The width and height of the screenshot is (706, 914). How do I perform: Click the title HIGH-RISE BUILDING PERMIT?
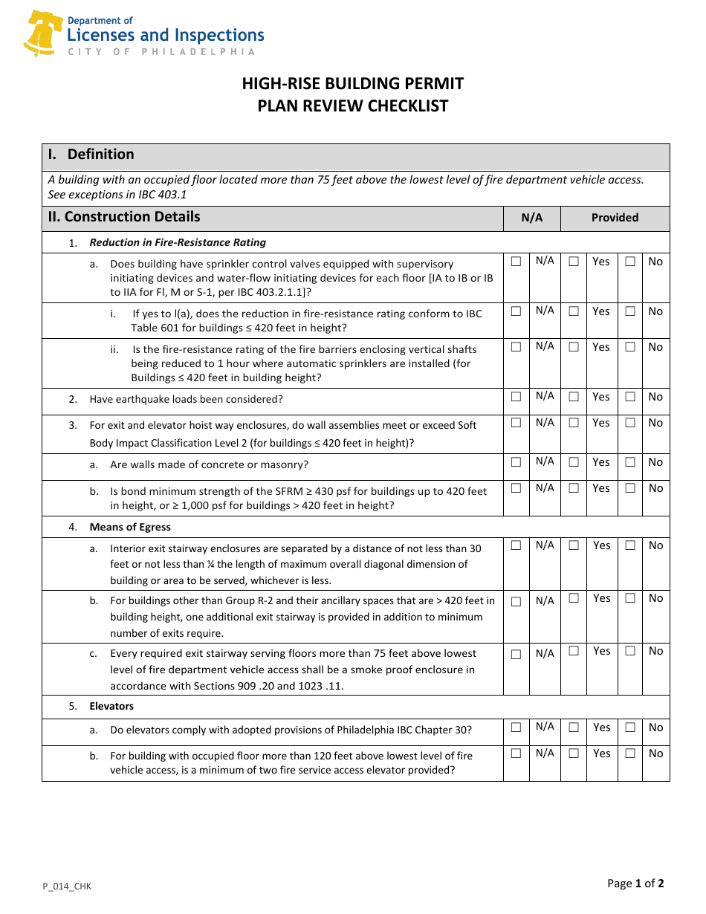coord(352,83)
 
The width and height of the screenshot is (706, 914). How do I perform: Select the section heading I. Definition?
coord(91,155)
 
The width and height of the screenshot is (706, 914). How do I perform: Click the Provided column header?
coord(615,218)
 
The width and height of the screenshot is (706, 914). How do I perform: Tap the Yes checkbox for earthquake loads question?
coord(574,397)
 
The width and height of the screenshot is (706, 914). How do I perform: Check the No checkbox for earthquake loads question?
coord(630,397)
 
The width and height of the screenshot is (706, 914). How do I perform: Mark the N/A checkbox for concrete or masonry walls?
coord(516,462)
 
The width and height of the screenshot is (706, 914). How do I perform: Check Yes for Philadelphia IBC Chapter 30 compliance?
coord(574,727)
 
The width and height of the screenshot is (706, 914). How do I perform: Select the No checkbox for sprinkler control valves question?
coord(630,262)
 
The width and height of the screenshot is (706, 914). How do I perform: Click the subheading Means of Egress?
coord(130,527)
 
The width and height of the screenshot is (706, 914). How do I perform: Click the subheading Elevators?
coord(111,706)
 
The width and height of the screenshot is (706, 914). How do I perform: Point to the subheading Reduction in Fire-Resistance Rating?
coord(178,242)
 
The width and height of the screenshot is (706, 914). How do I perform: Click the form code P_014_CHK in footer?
coord(67,886)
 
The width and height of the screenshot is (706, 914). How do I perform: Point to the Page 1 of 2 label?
coord(635,884)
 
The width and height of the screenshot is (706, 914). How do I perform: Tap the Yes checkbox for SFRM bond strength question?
coord(574,488)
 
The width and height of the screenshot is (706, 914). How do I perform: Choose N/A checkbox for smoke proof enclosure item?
coord(516,655)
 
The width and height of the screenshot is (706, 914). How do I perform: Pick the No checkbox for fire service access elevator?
coord(630,753)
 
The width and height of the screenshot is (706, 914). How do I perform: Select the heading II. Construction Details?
coord(124,217)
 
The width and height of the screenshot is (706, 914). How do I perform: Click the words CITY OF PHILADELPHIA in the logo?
coord(161,52)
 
